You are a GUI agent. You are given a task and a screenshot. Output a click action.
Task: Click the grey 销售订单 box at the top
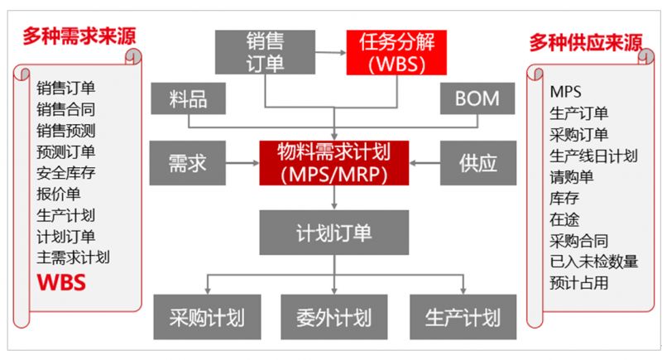coord(265,52)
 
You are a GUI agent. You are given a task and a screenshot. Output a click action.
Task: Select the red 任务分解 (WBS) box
coord(391,52)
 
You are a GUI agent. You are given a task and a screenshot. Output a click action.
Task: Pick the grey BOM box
coord(477,100)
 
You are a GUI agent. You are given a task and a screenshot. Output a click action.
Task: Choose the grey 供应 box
coord(477,162)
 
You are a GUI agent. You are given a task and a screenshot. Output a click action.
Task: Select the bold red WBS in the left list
coord(62,283)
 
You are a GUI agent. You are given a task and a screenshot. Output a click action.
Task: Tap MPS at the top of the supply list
coord(566,91)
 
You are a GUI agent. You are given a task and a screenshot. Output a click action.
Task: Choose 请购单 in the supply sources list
coord(572,177)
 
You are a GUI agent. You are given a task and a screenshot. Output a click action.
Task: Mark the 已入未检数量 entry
coord(594,262)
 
